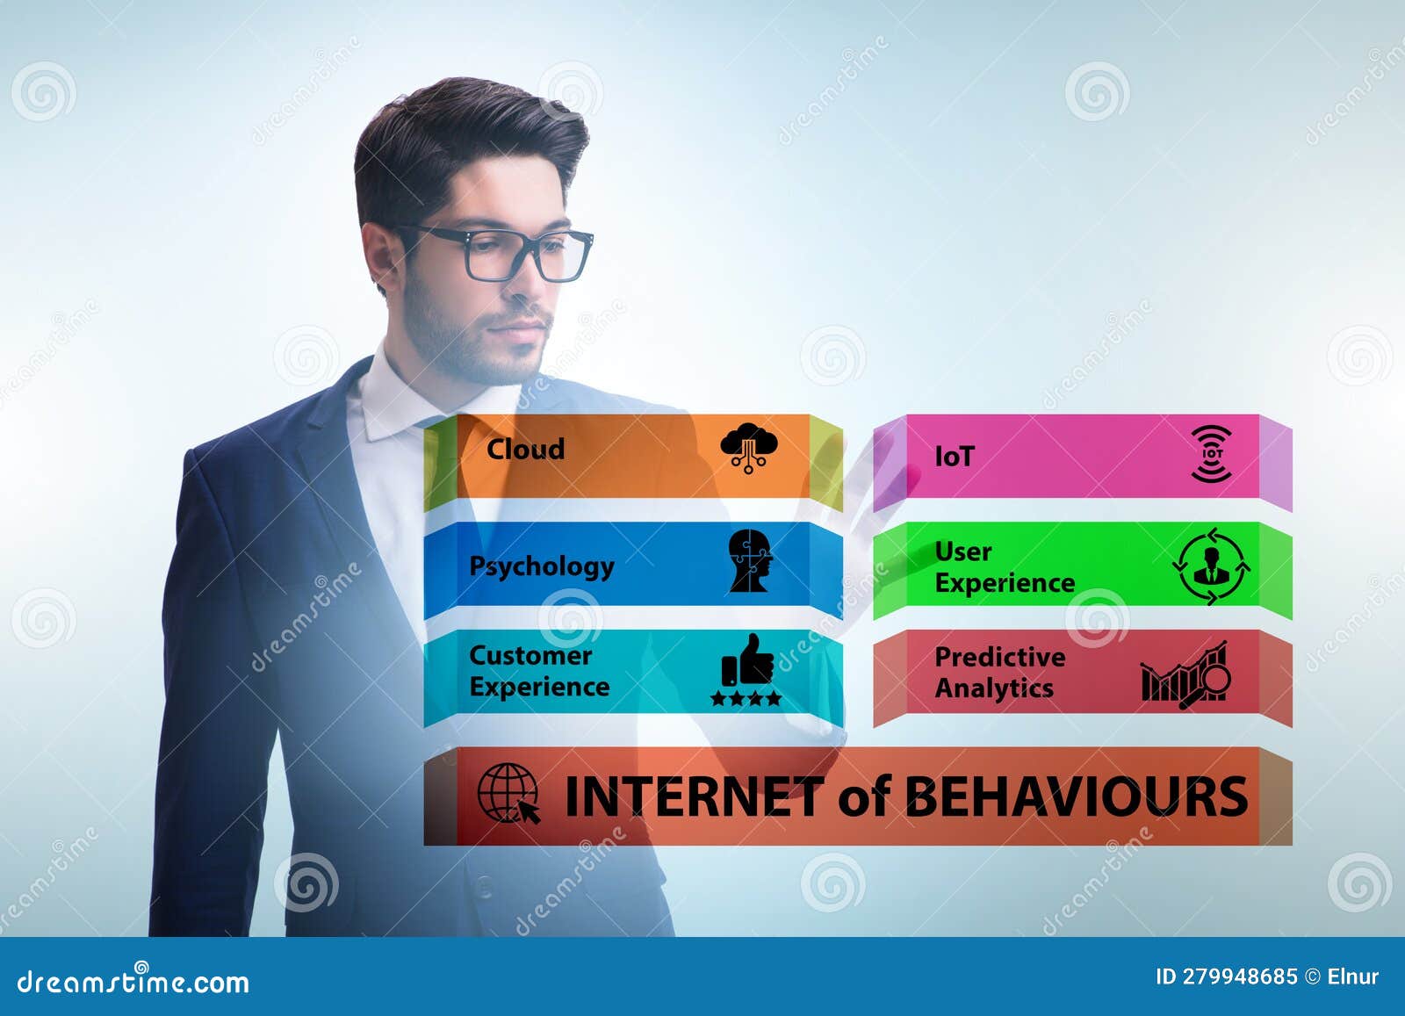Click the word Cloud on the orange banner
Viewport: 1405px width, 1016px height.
point(525,449)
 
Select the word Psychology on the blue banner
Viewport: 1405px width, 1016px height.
point(541,566)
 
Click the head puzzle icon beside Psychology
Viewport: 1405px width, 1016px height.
point(750,560)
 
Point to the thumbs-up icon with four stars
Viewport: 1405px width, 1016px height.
point(746,670)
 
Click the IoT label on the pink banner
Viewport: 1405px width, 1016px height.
point(954,457)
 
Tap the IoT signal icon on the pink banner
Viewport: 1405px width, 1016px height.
point(1212,454)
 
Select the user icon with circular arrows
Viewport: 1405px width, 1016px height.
point(1212,566)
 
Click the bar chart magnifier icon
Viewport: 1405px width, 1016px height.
point(1185,674)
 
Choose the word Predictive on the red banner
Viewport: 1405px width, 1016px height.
point(999,657)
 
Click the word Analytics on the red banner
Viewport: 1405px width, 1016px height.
point(993,688)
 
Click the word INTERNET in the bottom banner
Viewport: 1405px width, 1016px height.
point(693,796)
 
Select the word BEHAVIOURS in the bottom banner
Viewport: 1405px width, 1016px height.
point(1075,796)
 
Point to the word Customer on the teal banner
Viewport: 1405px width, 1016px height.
point(530,656)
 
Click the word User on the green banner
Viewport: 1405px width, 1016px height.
point(962,551)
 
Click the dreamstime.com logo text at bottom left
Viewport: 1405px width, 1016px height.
point(133,981)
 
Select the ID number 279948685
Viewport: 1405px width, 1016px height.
point(1239,976)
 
